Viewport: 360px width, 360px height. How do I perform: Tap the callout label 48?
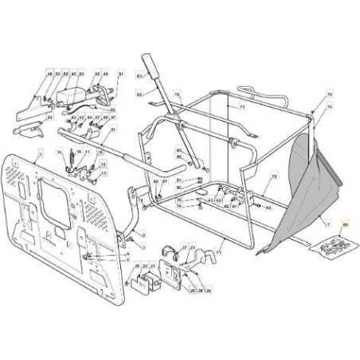(50, 74)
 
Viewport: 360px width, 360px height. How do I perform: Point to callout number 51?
(121, 74)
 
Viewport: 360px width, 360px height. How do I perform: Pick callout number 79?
(328, 95)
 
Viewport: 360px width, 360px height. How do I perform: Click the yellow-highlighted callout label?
(345, 225)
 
